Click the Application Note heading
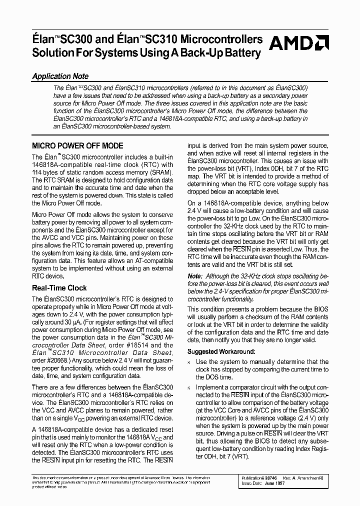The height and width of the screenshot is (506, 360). tap(60, 76)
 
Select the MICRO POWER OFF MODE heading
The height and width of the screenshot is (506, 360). tap(77, 146)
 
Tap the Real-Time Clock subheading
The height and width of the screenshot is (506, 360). tap(59, 288)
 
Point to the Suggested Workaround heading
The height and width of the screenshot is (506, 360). tap(221, 352)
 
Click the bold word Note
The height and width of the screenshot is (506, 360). tap(195, 275)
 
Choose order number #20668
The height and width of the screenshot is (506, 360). tap(54, 360)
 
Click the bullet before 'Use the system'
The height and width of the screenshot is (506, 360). tap(189, 362)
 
